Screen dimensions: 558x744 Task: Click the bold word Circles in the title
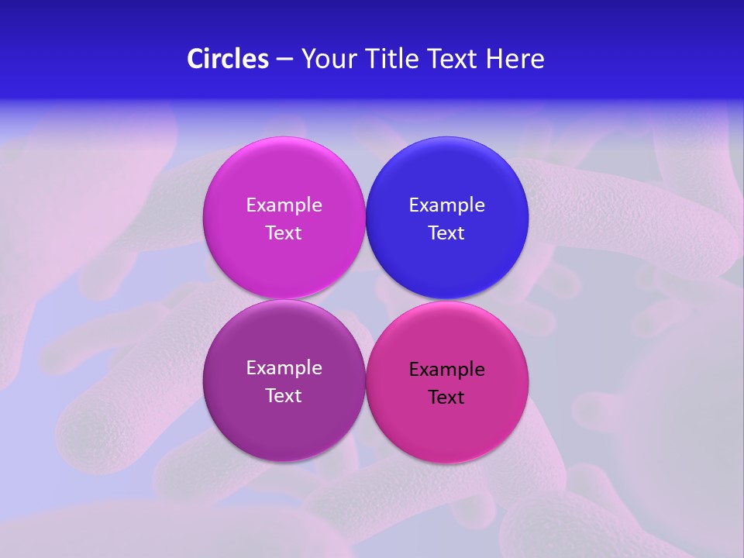click(228, 59)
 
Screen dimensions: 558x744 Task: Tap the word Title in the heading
click(386, 59)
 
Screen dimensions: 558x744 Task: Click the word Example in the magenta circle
click(284, 205)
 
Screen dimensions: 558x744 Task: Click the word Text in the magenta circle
click(284, 233)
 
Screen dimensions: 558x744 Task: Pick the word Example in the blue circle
click(446, 205)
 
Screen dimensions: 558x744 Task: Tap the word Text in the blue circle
click(446, 233)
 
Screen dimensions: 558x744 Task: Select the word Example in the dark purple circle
click(284, 368)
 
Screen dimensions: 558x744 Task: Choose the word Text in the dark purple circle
click(284, 396)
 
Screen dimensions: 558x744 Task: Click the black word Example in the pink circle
click(446, 370)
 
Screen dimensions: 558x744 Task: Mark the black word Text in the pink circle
click(446, 398)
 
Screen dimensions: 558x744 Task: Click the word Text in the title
click(452, 59)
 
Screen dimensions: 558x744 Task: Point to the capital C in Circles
click(195, 59)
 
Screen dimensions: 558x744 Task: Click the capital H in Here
click(494, 59)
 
